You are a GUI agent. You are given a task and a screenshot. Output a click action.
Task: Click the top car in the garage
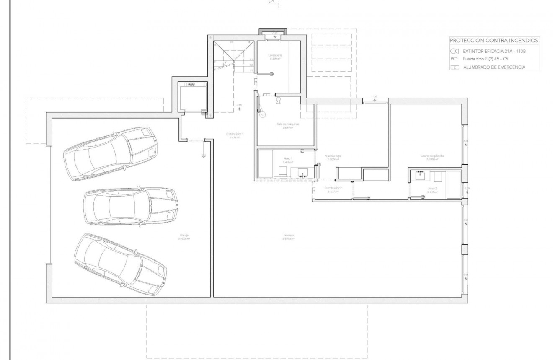point(111,153)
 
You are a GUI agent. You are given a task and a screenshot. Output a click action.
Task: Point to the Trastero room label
point(288,236)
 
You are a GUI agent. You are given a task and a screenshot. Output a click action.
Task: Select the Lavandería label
point(275,55)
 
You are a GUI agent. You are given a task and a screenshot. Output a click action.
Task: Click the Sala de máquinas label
point(287,124)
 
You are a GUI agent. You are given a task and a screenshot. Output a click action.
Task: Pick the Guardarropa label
point(333,155)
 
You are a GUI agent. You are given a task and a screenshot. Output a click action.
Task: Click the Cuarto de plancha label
point(432,155)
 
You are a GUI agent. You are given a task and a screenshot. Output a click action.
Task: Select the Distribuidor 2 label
point(333,188)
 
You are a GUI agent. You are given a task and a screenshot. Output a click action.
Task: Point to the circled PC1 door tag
point(262,114)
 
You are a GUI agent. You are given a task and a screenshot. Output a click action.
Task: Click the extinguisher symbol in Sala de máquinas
point(278,100)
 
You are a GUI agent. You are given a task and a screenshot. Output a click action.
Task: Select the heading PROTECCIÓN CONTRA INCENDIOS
point(494,41)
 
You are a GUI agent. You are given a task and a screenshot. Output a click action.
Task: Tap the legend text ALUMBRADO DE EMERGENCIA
point(494,67)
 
